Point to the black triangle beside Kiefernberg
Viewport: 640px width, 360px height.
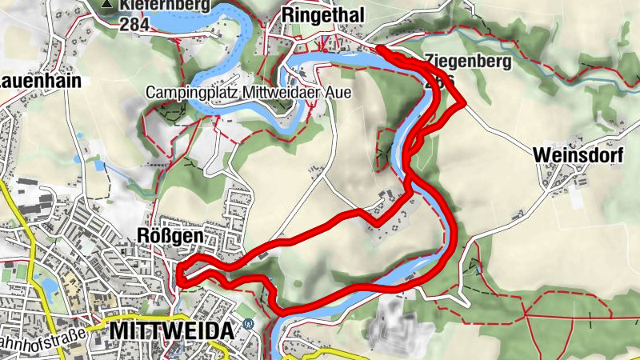(106, 6)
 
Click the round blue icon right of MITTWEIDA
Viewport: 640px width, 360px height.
(248, 325)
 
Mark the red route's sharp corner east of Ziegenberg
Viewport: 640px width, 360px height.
(463, 103)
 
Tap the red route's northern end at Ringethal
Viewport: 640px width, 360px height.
(379, 50)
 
